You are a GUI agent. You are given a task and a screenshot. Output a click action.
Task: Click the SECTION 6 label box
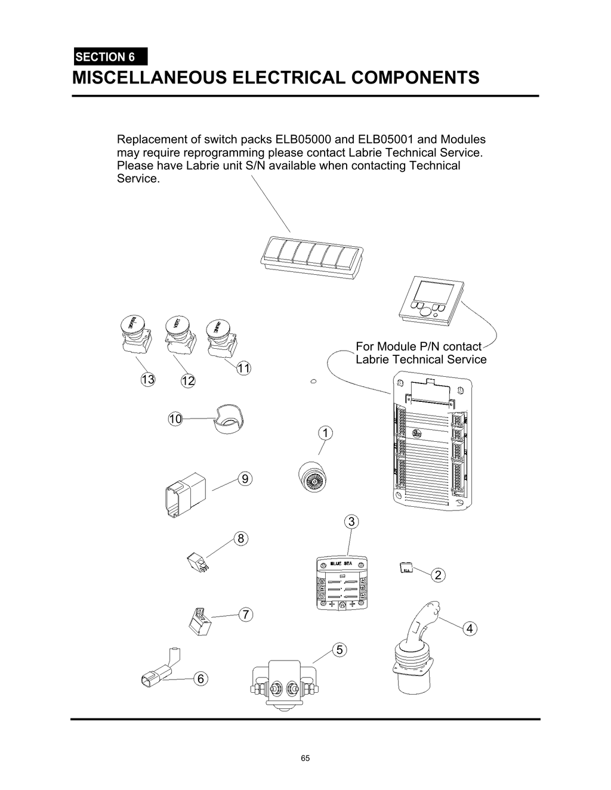click(110, 57)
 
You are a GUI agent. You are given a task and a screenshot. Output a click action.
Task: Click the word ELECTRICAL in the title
click(288, 78)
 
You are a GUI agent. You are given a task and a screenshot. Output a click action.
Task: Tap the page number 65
click(305, 758)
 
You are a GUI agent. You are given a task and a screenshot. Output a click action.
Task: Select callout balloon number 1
click(325, 433)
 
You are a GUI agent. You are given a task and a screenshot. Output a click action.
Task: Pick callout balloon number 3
click(351, 522)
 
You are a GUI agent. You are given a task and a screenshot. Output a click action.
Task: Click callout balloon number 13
click(148, 379)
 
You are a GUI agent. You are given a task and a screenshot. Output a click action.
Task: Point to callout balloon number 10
click(175, 419)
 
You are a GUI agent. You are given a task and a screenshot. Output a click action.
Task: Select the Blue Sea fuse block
click(341, 584)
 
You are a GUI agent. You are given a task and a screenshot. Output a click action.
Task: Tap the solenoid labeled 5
click(284, 684)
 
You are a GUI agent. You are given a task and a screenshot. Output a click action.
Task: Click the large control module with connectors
click(432, 442)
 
